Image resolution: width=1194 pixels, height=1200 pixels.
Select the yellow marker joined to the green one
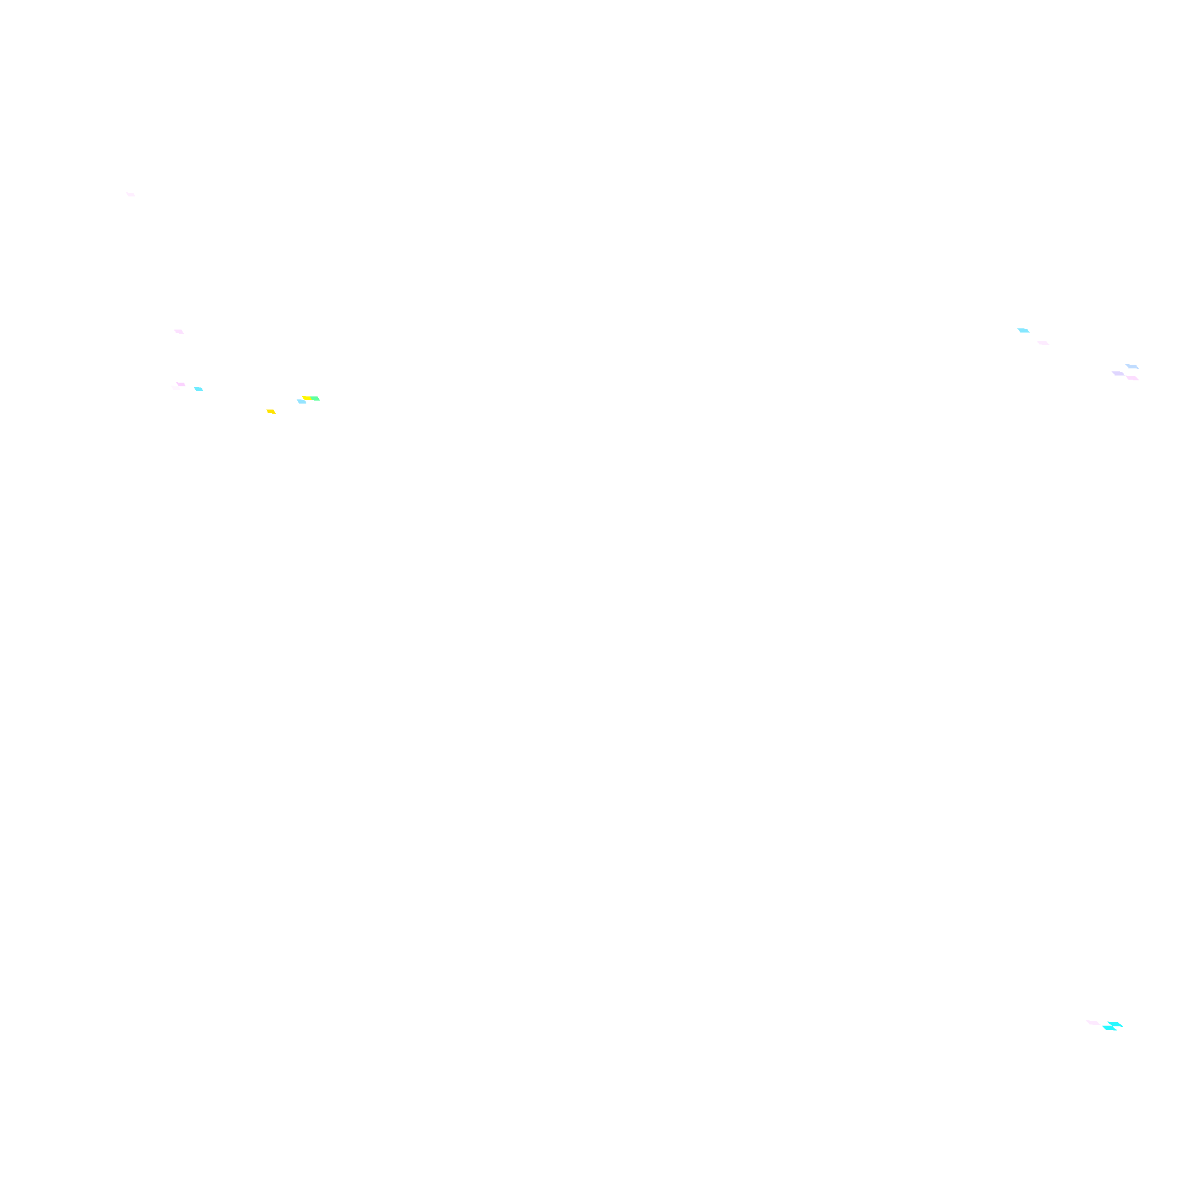point(307,398)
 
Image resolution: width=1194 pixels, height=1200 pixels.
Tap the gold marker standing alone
point(271,411)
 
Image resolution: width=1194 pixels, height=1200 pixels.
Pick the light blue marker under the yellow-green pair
point(301,402)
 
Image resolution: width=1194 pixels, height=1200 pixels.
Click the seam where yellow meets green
point(311,398)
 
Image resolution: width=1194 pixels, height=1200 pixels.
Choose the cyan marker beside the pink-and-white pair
point(198,389)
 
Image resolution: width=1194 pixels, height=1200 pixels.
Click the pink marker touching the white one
point(181,384)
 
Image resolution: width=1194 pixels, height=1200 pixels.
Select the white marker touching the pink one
point(176,387)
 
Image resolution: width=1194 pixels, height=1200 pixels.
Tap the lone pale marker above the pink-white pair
point(179,331)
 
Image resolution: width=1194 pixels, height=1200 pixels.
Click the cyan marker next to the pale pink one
point(1023,330)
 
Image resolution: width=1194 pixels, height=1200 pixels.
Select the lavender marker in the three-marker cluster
point(1118,373)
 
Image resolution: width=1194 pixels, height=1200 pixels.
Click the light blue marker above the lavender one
point(1132,367)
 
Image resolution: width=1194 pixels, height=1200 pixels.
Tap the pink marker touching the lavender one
point(1133,378)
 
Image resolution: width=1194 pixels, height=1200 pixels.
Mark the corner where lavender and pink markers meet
point(1125,376)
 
